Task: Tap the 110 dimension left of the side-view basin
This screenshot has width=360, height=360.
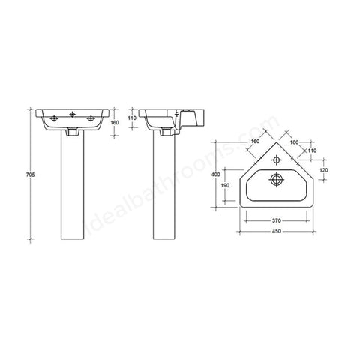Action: coord(131,118)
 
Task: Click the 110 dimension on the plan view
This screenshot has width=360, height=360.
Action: coord(312,150)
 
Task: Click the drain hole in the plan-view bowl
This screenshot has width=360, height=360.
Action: coord(277,180)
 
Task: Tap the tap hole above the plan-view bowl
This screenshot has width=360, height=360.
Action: coord(277,159)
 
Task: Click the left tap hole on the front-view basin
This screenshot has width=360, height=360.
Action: coord(54,118)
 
